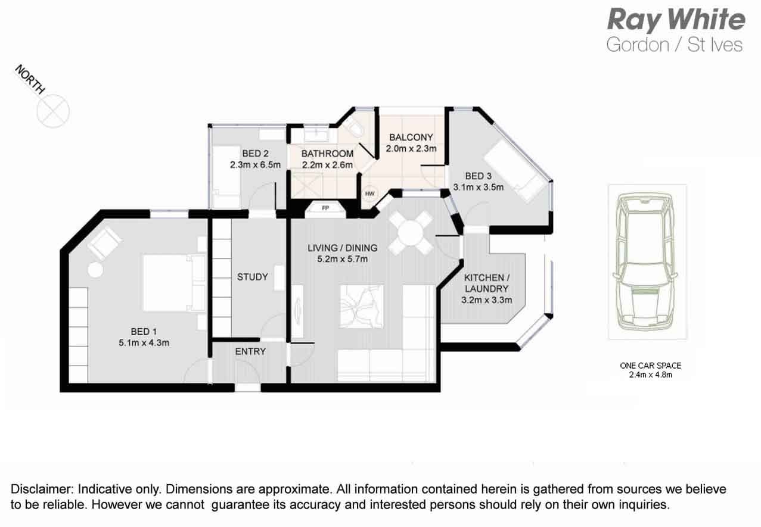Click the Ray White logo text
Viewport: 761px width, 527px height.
click(x=676, y=20)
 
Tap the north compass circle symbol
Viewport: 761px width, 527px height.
click(x=54, y=111)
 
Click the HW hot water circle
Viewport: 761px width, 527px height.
click(x=369, y=194)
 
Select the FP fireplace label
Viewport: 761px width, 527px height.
click(x=325, y=208)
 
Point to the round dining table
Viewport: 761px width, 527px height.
click(x=411, y=233)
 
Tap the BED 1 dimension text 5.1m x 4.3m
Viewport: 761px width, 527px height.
click(x=144, y=342)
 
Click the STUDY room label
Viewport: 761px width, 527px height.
click(x=253, y=277)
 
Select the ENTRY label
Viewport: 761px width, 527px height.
click(x=250, y=351)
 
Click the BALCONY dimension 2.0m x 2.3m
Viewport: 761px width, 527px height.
click(x=411, y=148)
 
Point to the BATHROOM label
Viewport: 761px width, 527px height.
click(x=328, y=154)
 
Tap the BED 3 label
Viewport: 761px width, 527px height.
click(x=479, y=176)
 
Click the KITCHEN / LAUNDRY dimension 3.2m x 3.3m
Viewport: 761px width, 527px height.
click(x=487, y=300)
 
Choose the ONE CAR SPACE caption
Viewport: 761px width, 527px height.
click(x=651, y=366)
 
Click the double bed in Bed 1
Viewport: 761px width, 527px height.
click(x=174, y=283)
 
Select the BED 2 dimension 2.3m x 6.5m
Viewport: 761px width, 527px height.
click(x=255, y=165)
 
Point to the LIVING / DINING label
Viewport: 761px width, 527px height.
click(x=343, y=248)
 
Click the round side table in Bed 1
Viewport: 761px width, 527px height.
click(x=95, y=270)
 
